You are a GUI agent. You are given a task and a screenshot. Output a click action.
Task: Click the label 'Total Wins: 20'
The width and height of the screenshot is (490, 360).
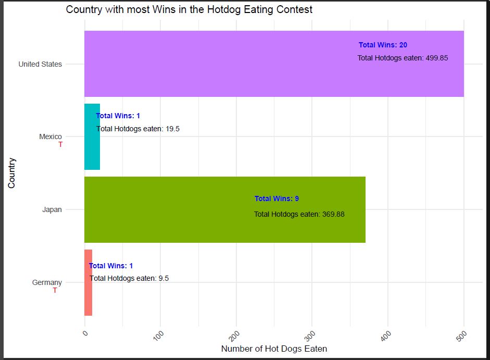[x=383, y=45]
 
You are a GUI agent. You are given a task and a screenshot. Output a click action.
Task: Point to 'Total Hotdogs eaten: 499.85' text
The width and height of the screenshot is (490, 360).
[x=403, y=58]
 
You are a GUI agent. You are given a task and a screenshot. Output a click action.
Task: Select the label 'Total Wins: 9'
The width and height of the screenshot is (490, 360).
[x=277, y=198]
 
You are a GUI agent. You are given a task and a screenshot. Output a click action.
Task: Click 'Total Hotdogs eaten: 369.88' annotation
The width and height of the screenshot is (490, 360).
[x=299, y=214]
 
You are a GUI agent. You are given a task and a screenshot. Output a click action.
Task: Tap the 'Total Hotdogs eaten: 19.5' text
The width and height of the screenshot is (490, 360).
[x=138, y=129]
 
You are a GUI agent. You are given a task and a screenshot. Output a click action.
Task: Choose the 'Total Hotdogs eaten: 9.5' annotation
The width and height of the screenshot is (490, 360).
[x=129, y=278]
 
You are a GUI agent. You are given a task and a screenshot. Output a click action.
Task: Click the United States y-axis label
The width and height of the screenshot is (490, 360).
[x=40, y=64]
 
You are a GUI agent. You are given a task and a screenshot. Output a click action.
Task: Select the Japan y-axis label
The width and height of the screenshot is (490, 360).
[x=52, y=209]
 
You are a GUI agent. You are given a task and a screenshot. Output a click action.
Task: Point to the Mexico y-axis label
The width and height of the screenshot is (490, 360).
[x=51, y=136]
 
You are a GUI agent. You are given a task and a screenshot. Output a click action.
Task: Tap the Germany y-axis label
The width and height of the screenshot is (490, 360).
[x=47, y=282]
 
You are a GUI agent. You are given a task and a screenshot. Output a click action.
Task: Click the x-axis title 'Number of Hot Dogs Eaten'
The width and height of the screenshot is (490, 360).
[x=274, y=349]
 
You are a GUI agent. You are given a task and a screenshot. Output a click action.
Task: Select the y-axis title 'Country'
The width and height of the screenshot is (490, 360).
[x=11, y=173]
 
